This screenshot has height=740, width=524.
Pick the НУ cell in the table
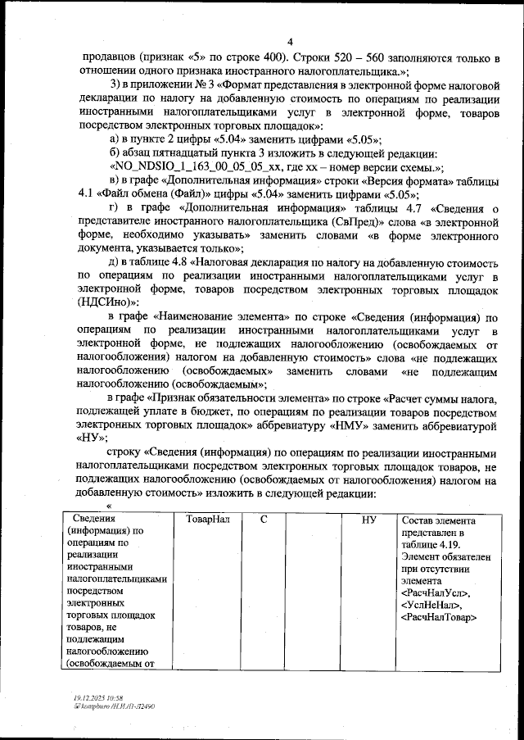[368, 520]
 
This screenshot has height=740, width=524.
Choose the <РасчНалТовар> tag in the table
[440, 616]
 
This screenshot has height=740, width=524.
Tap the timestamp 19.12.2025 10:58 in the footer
[101, 697]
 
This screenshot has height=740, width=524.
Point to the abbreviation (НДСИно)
[104, 302]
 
